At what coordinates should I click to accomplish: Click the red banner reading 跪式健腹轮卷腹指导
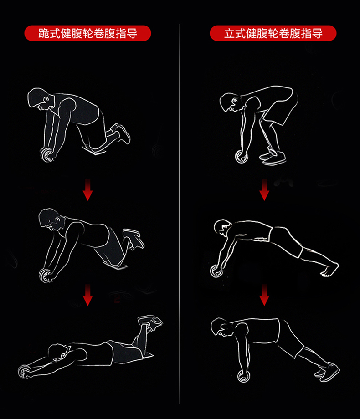click(x=88, y=33)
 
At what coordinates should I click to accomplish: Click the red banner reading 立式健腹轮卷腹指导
click(x=273, y=33)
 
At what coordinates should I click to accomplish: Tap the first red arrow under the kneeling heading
click(x=88, y=190)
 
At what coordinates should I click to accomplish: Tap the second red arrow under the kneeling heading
click(x=88, y=295)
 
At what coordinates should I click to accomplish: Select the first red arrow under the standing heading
click(x=264, y=190)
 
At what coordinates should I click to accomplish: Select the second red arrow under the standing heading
click(x=264, y=295)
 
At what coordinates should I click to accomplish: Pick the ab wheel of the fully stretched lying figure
click(x=24, y=372)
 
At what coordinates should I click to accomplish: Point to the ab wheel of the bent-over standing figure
click(x=241, y=157)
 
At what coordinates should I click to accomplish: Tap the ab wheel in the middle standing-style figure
click(x=216, y=271)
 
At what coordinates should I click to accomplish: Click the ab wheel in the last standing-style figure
click(x=244, y=375)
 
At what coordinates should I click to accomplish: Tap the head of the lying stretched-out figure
click(x=58, y=353)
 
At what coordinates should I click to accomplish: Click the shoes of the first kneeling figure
click(x=121, y=133)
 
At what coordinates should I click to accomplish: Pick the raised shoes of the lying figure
click(x=150, y=322)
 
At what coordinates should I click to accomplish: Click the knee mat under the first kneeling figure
click(x=94, y=151)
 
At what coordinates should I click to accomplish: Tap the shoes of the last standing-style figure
click(x=328, y=372)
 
